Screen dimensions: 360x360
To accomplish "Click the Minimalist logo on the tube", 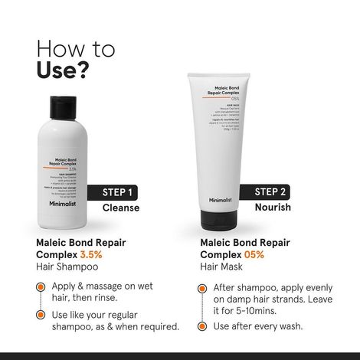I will tap(220, 200).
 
